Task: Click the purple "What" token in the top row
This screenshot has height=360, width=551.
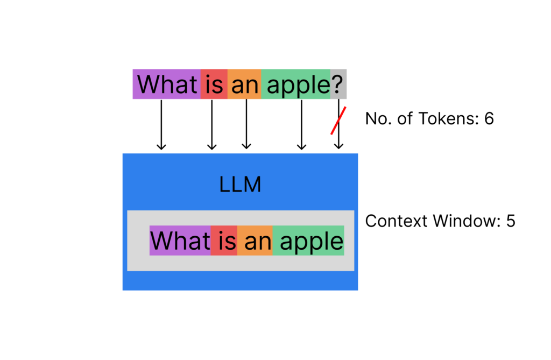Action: pyautogui.click(x=167, y=84)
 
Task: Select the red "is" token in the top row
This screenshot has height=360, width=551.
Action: pyautogui.click(x=214, y=84)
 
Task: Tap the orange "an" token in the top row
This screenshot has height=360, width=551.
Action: pyautogui.click(x=244, y=84)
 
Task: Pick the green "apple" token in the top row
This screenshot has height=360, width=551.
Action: pyautogui.click(x=296, y=84)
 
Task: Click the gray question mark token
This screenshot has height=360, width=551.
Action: pyautogui.click(x=338, y=84)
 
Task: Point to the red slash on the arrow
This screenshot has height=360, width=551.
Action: pyautogui.click(x=338, y=121)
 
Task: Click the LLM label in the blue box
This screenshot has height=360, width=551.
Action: pyautogui.click(x=240, y=185)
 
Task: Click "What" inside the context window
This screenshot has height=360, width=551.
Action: pyautogui.click(x=180, y=241)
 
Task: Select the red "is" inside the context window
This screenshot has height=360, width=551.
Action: pyautogui.click(x=224, y=241)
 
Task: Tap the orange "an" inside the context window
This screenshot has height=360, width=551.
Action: pyautogui.click(x=255, y=241)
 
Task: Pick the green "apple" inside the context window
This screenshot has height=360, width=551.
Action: pyautogui.click(x=308, y=241)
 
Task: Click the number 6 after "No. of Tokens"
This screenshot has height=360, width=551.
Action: pyautogui.click(x=489, y=118)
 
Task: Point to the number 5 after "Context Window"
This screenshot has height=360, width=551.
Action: pyautogui.click(x=511, y=221)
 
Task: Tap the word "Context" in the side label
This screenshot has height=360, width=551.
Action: pyautogui.click(x=392, y=221)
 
